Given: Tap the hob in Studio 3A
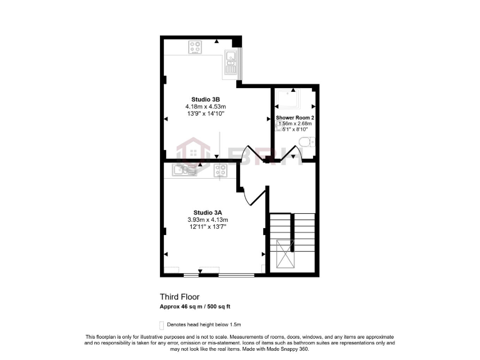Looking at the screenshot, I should (x=220, y=169).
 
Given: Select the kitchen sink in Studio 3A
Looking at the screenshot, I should (x=186, y=169).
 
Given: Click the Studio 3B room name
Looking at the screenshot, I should (x=205, y=99).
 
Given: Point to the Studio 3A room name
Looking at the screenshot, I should (x=207, y=212).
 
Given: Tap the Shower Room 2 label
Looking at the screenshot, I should (x=294, y=117).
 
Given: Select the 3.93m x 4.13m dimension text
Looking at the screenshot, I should (x=207, y=220).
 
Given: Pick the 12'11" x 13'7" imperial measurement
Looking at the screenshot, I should (x=207, y=227).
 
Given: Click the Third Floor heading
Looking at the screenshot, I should (x=179, y=297).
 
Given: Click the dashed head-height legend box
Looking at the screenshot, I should (x=162, y=325).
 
